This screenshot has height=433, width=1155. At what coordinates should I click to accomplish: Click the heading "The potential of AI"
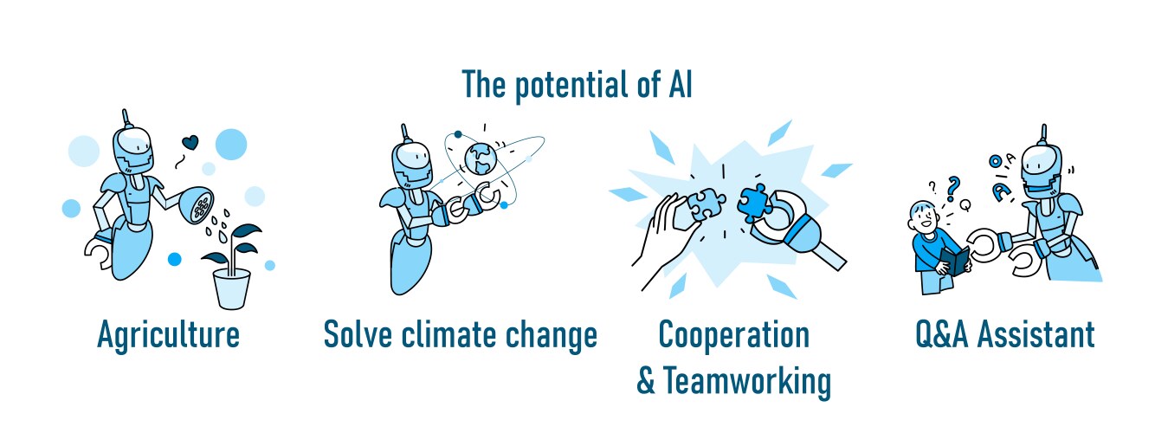tap(577, 85)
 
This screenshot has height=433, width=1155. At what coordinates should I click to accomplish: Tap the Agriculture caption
tap(169, 335)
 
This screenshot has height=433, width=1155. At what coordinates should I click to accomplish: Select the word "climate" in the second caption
tap(448, 334)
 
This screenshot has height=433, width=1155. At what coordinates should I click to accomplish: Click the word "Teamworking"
tap(747, 382)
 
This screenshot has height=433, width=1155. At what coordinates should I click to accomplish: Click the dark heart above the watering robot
tap(190, 142)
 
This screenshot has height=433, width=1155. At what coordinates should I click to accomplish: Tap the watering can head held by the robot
tap(198, 204)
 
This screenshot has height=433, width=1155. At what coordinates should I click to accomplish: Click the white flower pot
tap(231, 288)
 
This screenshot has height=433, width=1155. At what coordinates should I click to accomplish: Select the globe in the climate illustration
tap(480, 158)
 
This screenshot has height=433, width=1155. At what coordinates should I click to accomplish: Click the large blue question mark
tap(953, 189)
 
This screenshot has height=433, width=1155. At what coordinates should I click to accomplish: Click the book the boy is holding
tap(956, 261)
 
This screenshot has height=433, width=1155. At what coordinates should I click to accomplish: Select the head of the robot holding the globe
tap(411, 164)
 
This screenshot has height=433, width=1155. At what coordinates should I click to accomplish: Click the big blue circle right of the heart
tap(231, 145)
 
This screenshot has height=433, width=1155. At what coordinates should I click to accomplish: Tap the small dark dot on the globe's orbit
tap(458, 134)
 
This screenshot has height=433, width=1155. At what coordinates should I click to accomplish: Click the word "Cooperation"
tap(733, 336)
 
